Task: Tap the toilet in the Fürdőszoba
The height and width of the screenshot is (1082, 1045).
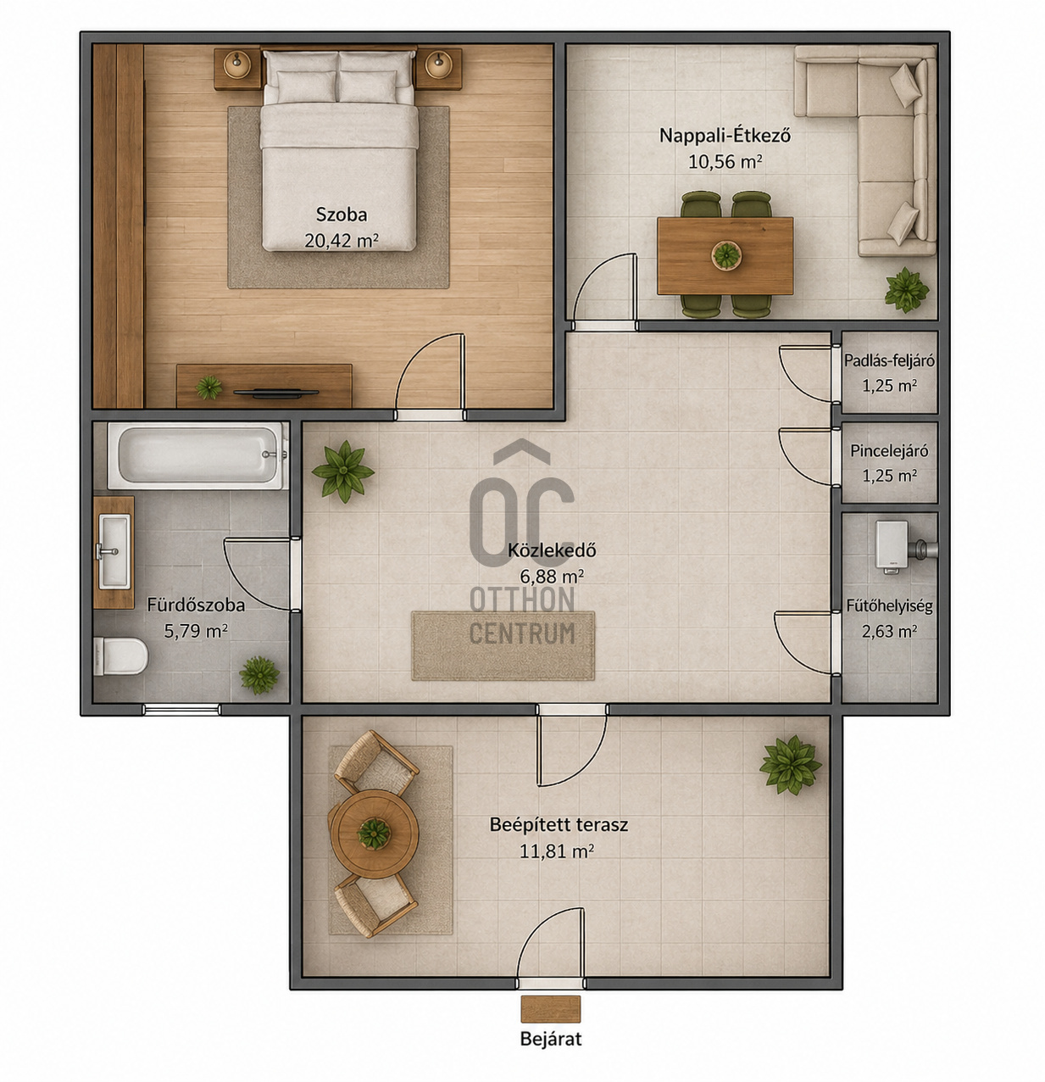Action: pos(120,656)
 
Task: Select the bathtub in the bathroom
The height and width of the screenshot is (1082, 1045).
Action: pos(197,456)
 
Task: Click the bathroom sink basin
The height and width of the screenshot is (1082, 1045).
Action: pos(114,551)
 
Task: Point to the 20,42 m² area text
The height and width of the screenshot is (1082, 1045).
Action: pos(342,241)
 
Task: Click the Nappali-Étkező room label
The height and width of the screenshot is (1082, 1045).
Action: pos(725,135)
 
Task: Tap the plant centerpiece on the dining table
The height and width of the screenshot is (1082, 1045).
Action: pos(726,255)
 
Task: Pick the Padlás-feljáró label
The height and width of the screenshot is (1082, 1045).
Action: pos(889,360)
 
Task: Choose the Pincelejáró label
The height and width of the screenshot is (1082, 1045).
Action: pos(889,450)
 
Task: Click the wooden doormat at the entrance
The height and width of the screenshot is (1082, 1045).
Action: pos(550,1008)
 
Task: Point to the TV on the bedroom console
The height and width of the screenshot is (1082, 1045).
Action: pos(276,393)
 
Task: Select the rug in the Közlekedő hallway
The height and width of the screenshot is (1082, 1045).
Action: pos(503,645)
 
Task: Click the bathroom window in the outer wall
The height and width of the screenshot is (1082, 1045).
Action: pos(181,710)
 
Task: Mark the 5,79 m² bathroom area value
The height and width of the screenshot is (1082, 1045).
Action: pos(196,631)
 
